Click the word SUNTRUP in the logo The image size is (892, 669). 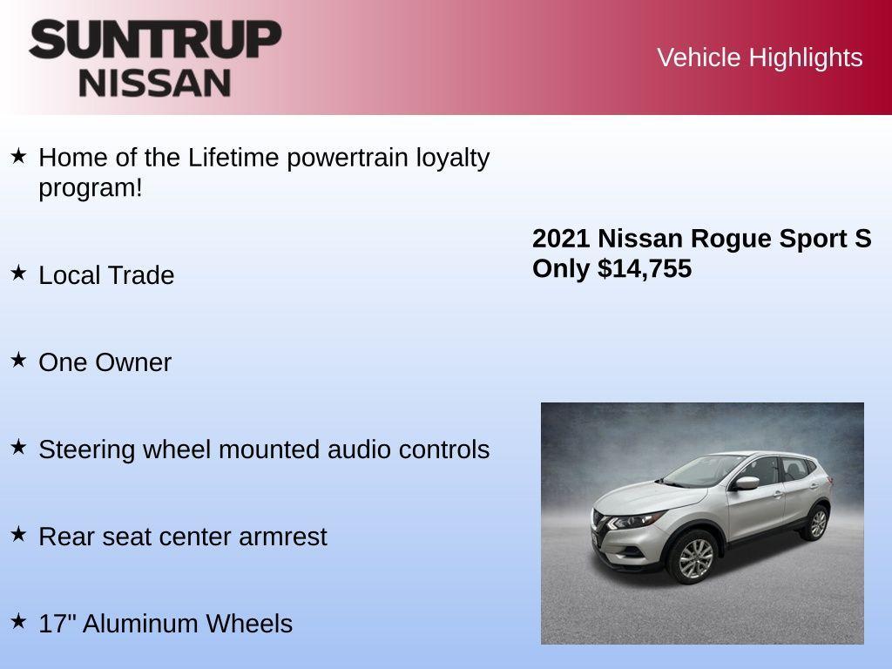[155, 39]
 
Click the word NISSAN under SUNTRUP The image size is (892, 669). [155, 83]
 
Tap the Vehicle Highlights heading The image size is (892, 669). [759, 57]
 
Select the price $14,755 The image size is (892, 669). [645, 268]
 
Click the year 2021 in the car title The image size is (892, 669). [561, 239]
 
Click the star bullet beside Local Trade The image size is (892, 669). [18, 273]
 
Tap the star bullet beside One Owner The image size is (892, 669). [18, 360]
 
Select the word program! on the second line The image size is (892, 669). [90, 187]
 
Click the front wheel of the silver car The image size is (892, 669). [695, 558]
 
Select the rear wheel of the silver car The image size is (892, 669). [817, 524]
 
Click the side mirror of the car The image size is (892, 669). [747, 483]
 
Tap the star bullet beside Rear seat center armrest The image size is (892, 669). [18, 534]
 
